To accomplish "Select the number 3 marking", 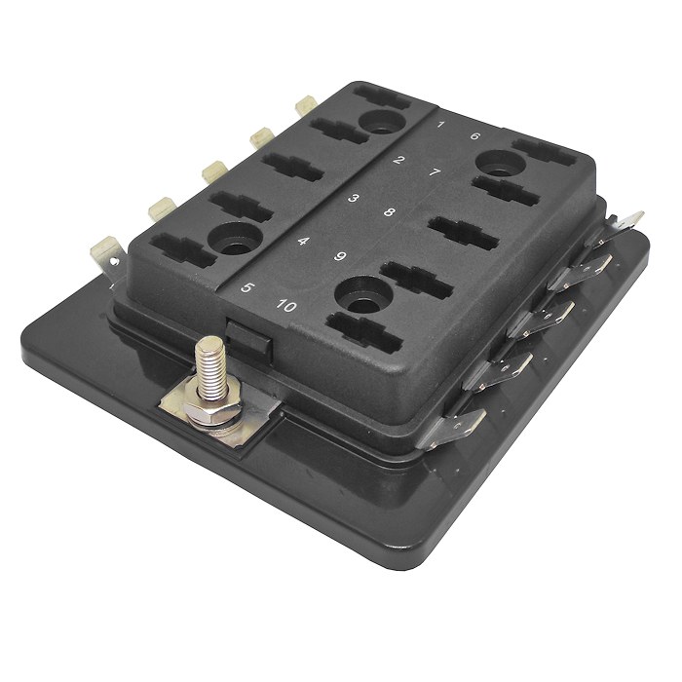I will (354, 200).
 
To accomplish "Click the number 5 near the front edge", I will (247, 288).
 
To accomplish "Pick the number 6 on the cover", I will (474, 137).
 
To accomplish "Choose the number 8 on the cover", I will (389, 213).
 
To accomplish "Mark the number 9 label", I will (341, 257).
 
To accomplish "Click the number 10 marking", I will (286, 305).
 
